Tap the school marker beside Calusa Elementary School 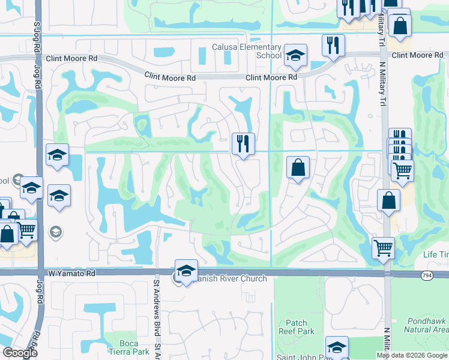coord(295,56)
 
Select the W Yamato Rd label coord(73,273)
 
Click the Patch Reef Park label coord(297,327)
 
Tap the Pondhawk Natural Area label coord(424,325)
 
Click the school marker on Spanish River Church coord(186,271)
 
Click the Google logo coord(19,353)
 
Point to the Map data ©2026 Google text coord(411,355)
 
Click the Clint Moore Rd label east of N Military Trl coord(417,55)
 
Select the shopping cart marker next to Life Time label coord(383,247)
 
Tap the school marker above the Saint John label coord(337,347)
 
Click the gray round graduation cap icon coord(55,232)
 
